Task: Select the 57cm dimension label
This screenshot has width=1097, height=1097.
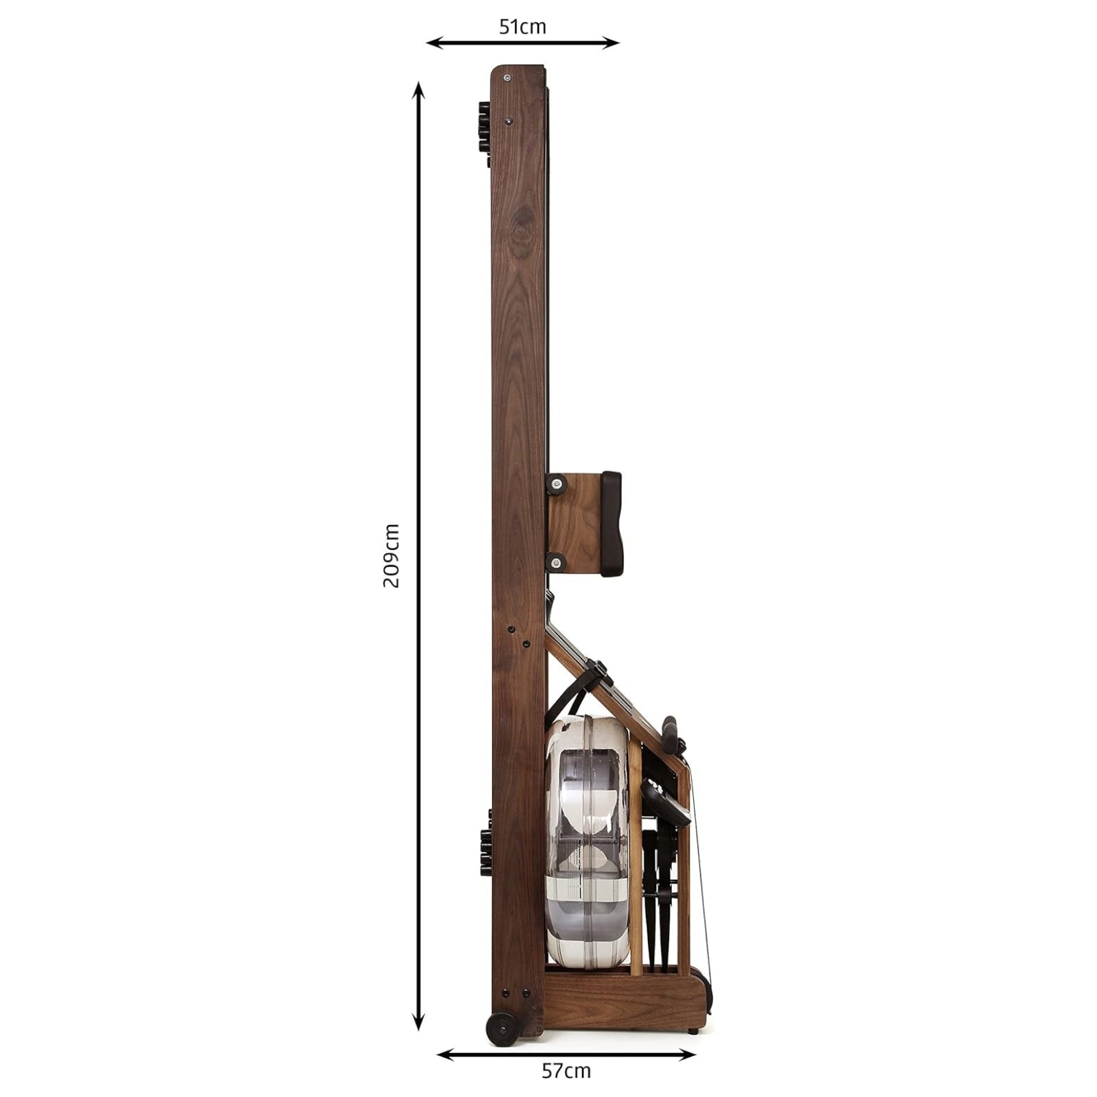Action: point(566,1071)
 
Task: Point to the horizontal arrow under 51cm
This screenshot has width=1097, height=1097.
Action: point(522,43)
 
